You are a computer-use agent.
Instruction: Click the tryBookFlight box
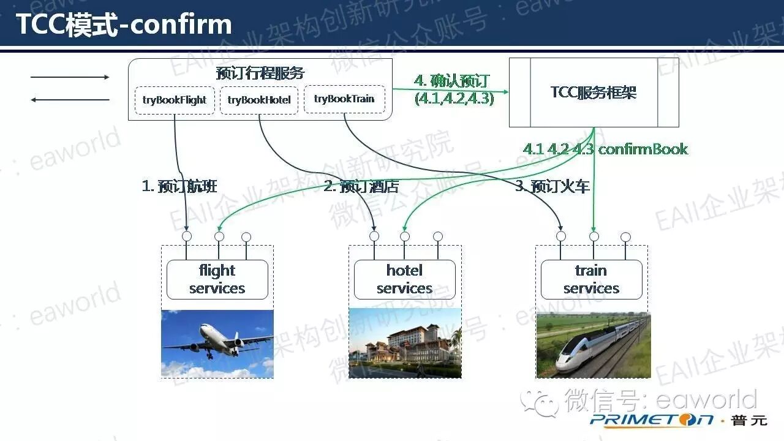(175, 100)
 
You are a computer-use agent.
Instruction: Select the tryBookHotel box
(259, 100)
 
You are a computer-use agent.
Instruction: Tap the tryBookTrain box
(344, 99)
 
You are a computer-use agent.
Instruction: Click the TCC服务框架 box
(594, 92)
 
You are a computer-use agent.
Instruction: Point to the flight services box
(217, 279)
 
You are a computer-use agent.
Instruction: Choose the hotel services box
(404, 279)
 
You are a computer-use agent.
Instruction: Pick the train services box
(591, 279)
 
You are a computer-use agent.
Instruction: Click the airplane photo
(217, 344)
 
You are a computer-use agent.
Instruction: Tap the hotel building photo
(405, 344)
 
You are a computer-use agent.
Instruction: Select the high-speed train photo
(593, 345)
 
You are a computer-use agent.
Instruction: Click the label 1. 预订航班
(179, 186)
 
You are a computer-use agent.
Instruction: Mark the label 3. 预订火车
(552, 186)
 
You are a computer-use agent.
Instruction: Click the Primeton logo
(652, 420)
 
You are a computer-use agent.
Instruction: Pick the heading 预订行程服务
(260, 73)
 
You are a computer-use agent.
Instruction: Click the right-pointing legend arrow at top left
(70, 77)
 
